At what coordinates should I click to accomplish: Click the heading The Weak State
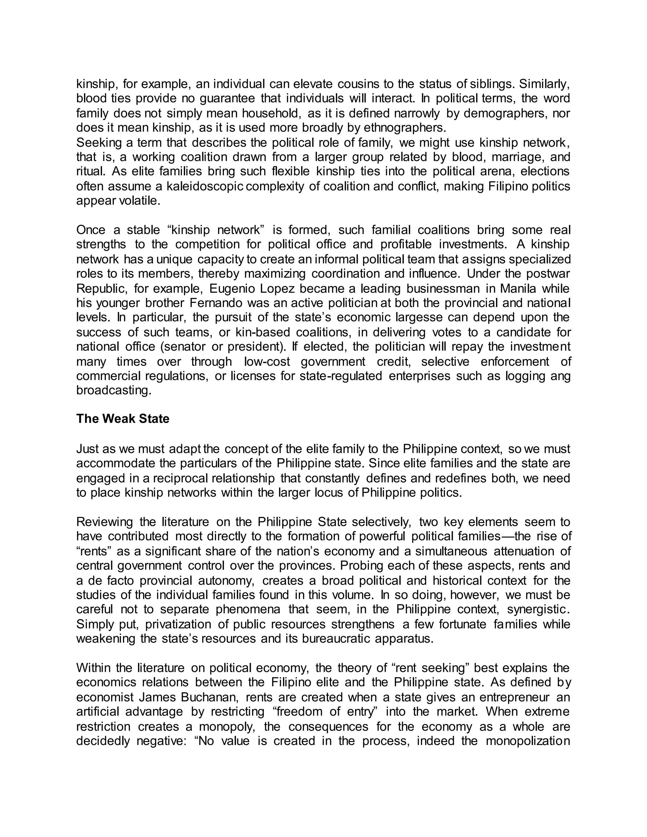click(x=123, y=418)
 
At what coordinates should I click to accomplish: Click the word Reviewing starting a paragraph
click(x=105, y=522)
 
